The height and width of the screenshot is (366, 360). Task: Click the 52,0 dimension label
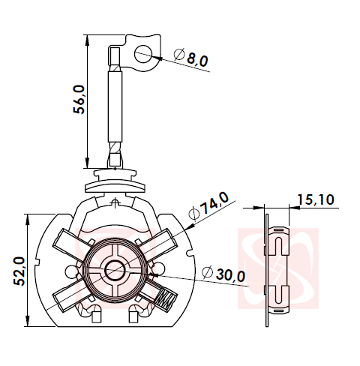20,270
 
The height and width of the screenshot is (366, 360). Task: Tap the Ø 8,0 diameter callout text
191,58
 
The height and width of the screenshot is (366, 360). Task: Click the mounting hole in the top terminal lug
142,53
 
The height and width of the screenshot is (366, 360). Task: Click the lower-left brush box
68,297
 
